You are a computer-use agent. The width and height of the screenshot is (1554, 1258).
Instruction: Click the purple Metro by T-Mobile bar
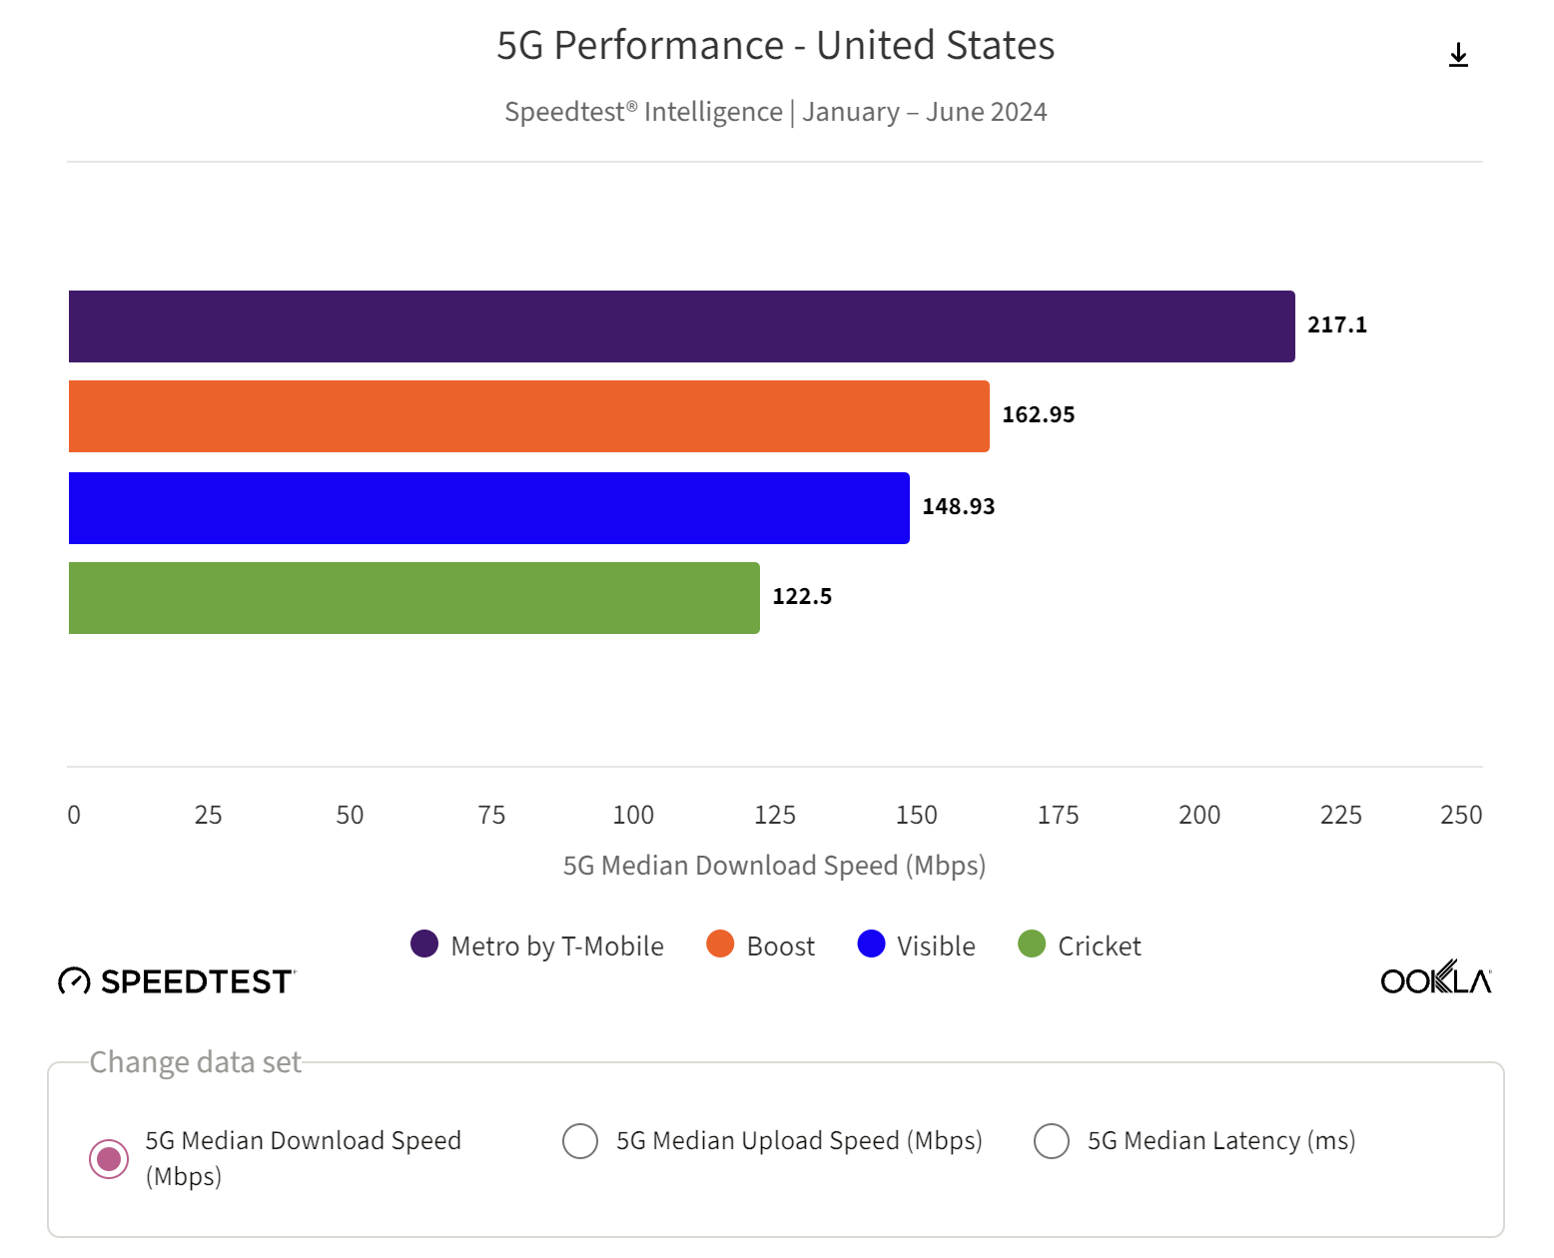pyautogui.click(x=681, y=326)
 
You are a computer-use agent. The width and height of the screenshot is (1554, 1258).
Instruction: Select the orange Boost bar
pyautogui.click(x=528, y=416)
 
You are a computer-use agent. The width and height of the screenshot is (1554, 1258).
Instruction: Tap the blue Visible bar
pyautogui.click(x=488, y=508)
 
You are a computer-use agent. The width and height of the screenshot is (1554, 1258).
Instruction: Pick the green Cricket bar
pyautogui.click(x=413, y=598)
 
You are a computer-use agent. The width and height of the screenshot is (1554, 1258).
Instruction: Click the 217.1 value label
pyautogui.click(x=1336, y=325)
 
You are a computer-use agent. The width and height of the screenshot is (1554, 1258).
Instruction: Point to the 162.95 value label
pyautogui.click(x=1038, y=415)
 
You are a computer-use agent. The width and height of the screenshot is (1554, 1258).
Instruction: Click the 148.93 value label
pyautogui.click(x=958, y=507)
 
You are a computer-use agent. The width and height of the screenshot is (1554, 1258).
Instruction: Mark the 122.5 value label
pyautogui.click(x=801, y=597)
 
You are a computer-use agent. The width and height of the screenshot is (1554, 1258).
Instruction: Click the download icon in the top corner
pyautogui.click(x=1458, y=55)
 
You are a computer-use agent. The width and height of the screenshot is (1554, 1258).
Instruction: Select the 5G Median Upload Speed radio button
pyautogui.click(x=580, y=1141)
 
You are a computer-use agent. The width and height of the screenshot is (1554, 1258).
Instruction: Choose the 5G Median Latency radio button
pyautogui.click(x=1052, y=1141)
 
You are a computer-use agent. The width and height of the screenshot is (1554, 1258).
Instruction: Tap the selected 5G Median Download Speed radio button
pyautogui.click(x=109, y=1159)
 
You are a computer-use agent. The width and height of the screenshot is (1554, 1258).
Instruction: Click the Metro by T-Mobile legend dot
pyautogui.click(x=424, y=944)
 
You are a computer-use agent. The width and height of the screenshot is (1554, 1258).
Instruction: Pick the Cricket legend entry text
pyautogui.click(x=1099, y=946)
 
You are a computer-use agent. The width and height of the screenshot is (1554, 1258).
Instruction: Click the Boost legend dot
pyautogui.click(x=720, y=944)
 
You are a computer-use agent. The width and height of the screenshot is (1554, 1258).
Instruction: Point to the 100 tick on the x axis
pyautogui.click(x=633, y=816)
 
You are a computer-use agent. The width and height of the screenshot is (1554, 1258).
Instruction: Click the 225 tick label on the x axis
pyautogui.click(x=1340, y=816)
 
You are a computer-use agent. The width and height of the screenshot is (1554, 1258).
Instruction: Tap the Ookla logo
pyautogui.click(x=1435, y=979)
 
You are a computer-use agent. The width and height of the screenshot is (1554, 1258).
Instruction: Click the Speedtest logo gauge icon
pyautogui.click(x=74, y=981)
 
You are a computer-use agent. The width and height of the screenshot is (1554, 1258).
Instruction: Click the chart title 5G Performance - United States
pyautogui.click(x=775, y=46)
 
